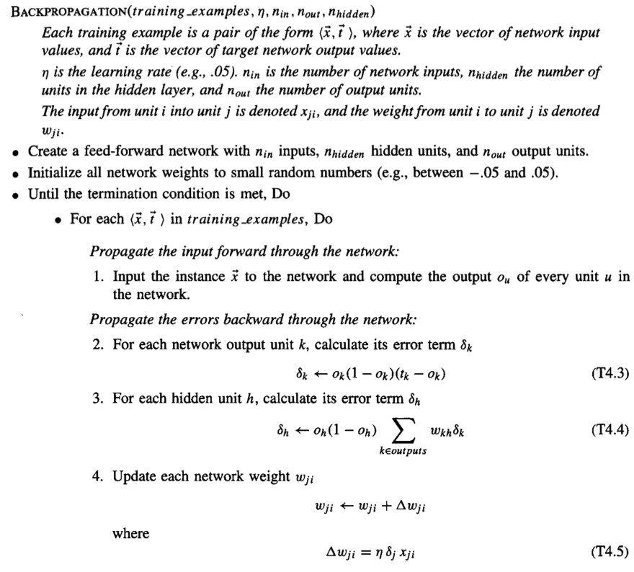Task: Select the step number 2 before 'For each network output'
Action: coord(97,344)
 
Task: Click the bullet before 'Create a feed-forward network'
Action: coord(16,153)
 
